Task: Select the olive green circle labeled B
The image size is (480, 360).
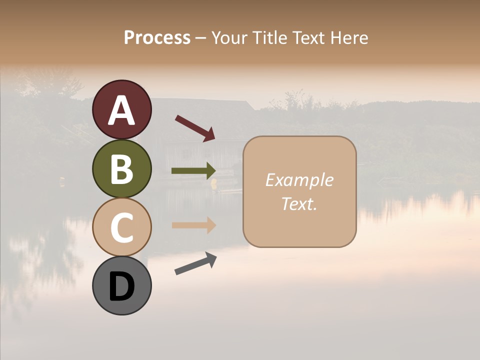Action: click(x=121, y=168)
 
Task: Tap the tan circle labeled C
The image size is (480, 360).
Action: click(x=121, y=227)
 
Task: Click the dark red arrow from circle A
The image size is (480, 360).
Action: click(x=195, y=128)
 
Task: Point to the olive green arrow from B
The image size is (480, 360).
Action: click(x=193, y=171)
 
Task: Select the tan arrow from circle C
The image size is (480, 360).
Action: click(x=193, y=225)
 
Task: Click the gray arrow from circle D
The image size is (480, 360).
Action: click(x=195, y=263)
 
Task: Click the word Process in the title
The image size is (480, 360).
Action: click(x=157, y=37)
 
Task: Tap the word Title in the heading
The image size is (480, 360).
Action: click(x=269, y=37)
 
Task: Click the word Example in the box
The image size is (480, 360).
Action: click(x=299, y=180)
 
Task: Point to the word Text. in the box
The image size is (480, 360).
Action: click(x=299, y=203)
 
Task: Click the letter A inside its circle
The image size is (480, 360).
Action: click(x=121, y=110)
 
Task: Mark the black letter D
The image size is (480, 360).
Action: click(x=121, y=286)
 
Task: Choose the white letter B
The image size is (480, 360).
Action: click(x=121, y=168)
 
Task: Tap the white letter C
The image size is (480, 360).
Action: click(x=121, y=227)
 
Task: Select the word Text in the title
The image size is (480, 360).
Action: click(x=308, y=37)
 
